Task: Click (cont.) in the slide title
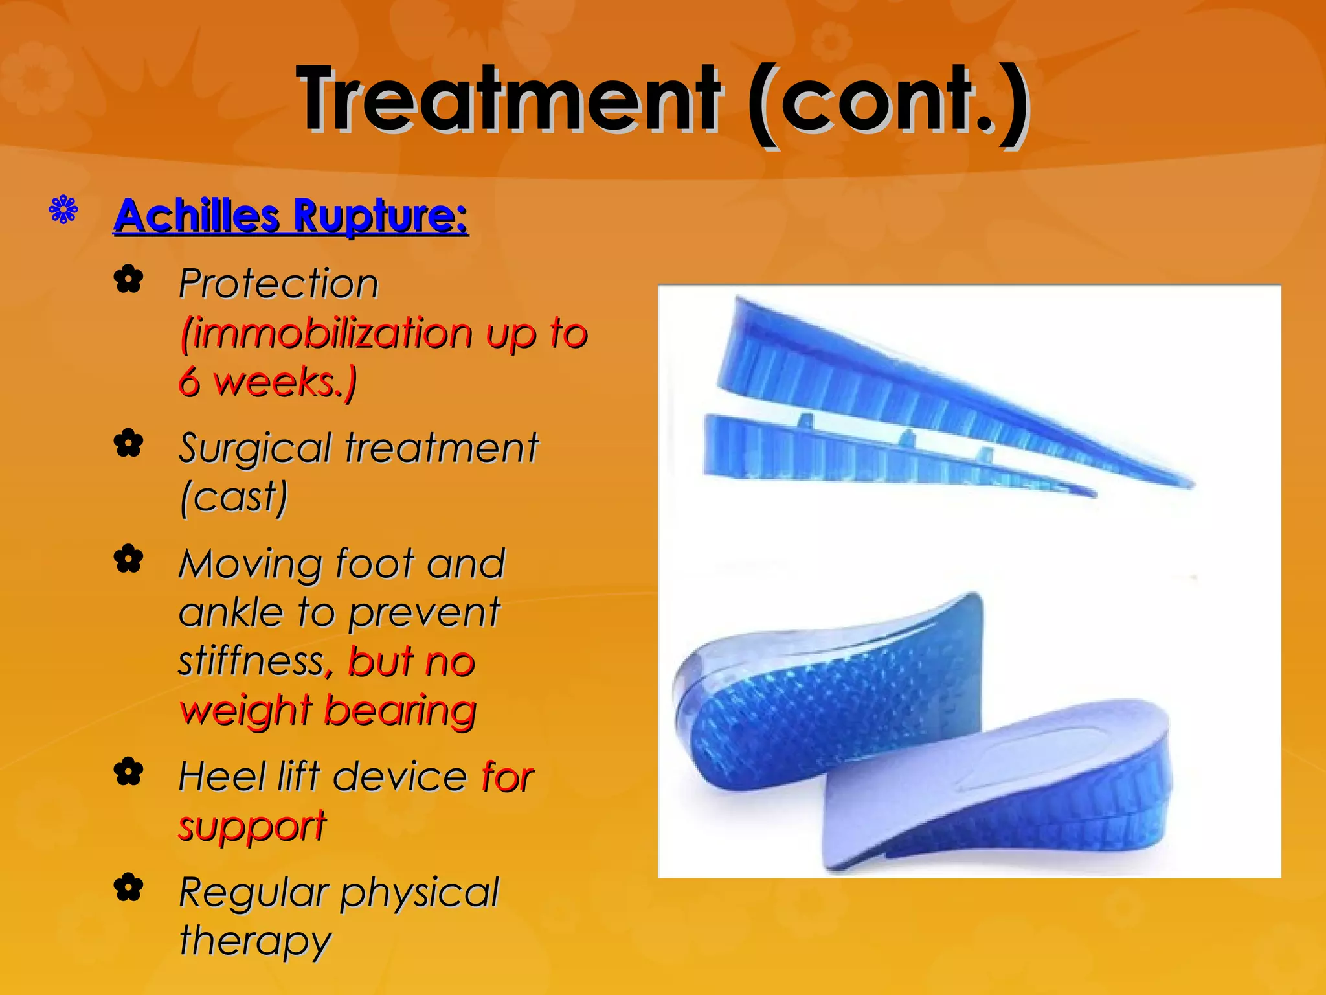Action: (887, 100)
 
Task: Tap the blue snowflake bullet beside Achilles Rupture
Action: (63, 210)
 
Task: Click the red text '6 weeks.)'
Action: (267, 382)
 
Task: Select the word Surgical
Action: (255, 448)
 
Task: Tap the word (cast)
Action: (234, 497)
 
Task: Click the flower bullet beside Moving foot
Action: (128, 559)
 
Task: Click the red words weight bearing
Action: (328, 711)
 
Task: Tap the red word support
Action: (253, 827)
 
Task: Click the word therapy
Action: (255, 941)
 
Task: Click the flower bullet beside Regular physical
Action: (128, 887)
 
